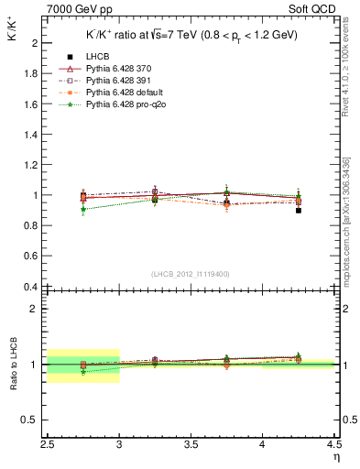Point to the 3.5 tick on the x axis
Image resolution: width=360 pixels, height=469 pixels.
tap(191, 448)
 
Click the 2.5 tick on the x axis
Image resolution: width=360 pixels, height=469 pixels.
tap(48, 448)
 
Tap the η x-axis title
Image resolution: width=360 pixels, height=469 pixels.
tap(335, 459)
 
